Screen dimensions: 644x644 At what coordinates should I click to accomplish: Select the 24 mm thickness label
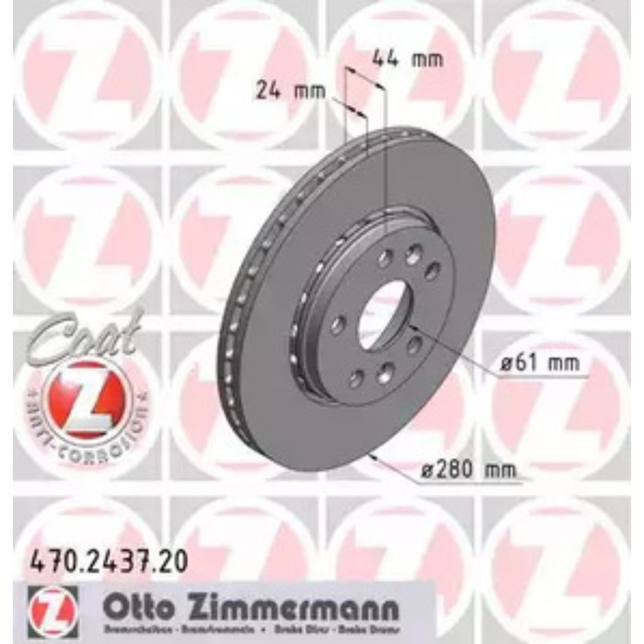282,90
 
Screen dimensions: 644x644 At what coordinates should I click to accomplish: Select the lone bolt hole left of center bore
339,323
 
